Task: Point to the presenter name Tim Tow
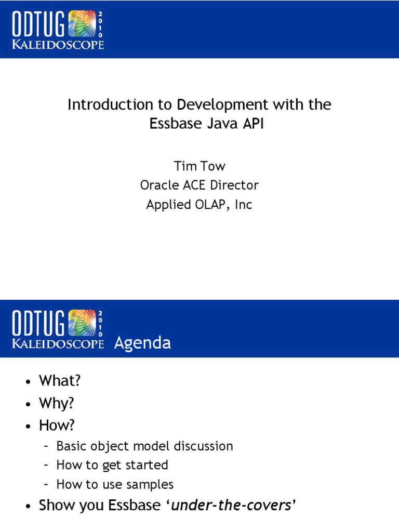click(199, 166)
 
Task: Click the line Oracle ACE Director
click(199, 185)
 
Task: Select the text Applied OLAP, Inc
click(199, 205)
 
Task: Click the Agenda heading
click(142, 343)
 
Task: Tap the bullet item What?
click(60, 381)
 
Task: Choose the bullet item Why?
click(57, 404)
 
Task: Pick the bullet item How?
click(57, 425)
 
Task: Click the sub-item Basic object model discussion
click(144, 446)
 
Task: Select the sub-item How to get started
click(112, 465)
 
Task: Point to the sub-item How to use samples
click(115, 485)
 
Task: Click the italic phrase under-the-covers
click(231, 505)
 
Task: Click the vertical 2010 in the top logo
click(100, 23)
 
